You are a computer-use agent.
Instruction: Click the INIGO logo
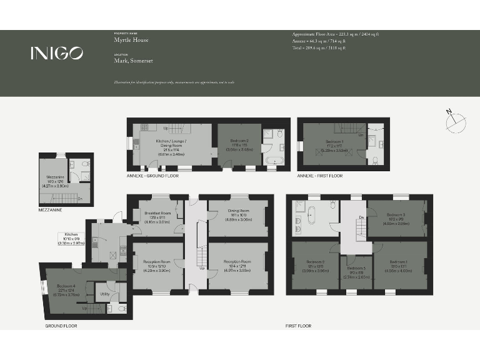click(x=56, y=54)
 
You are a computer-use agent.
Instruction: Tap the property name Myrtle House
click(x=126, y=38)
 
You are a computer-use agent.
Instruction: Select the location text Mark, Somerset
click(x=133, y=60)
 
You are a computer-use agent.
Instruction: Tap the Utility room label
click(x=104, y=293)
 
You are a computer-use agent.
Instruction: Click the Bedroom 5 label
click(x=355, y=270)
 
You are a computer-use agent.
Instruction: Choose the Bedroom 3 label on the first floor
click(x=396, y=217)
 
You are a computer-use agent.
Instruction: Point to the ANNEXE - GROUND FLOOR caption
click(x=152, y=176)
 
